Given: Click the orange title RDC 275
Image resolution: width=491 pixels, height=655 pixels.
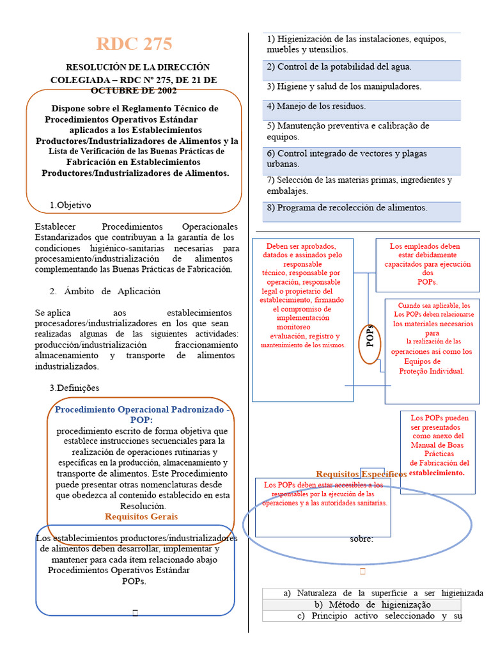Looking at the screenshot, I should [x=134, y=44].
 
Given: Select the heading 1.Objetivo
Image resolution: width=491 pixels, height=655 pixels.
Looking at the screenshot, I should [x=70, y=205].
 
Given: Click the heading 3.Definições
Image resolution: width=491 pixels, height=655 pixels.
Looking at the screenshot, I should [x=74, y=388].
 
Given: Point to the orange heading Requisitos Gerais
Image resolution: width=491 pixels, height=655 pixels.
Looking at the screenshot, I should [x=141, y=516].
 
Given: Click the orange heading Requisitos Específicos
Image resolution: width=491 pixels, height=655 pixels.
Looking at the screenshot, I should [x=361, y=474].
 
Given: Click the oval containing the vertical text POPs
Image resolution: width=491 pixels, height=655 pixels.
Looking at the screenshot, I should [x=370, y=335].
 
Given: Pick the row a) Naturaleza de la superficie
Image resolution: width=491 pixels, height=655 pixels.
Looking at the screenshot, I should [x=383, y=593].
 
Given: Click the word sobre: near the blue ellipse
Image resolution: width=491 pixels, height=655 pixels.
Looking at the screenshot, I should [x=361, y=539].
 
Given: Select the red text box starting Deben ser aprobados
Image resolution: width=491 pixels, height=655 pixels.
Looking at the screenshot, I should [x=302, y=296].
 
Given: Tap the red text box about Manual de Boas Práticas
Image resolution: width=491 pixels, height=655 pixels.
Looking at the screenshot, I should [x=438, y=445].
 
